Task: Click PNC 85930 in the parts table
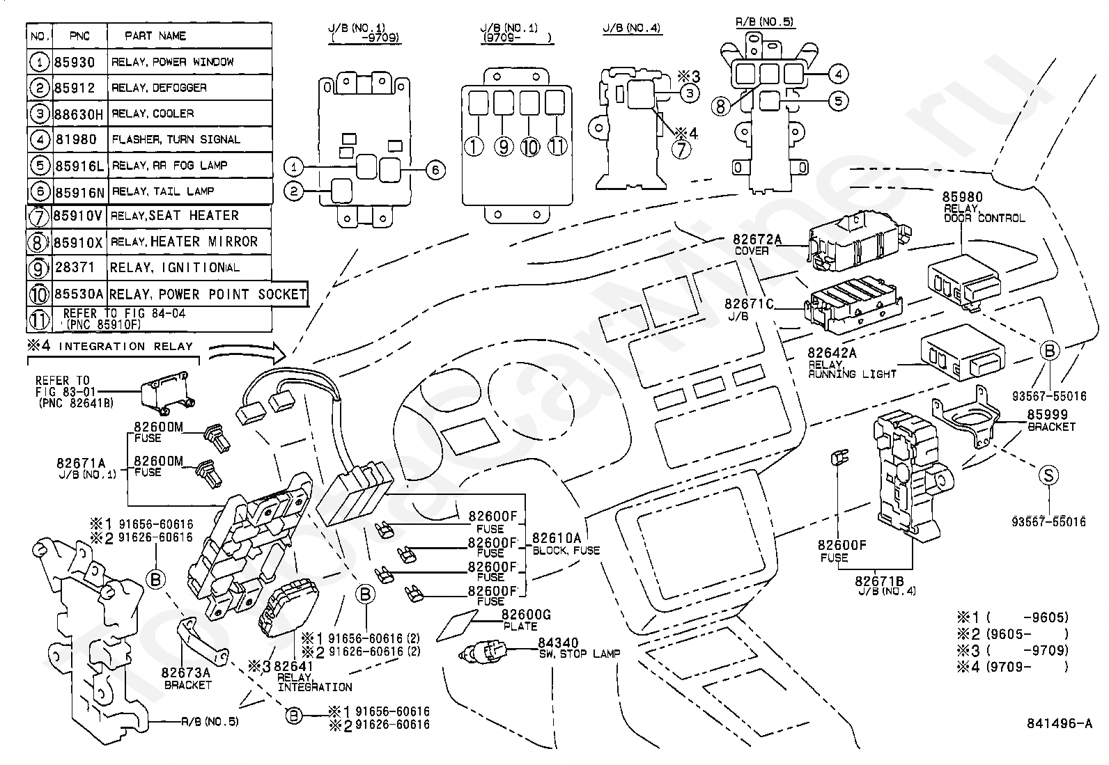pos(75,63)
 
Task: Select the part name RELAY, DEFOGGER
pos(159,88)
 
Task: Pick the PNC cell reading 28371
pos(75,268)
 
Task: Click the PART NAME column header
pos(155,36)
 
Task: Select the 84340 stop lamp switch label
pos(580,648)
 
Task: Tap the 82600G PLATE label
pos(526,620)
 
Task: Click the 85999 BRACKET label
pos(1050,420)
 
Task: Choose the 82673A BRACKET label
pos(186,679)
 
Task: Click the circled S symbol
pos(1048,475)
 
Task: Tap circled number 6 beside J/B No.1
pos(435,171)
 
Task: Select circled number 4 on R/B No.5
pos(838,74)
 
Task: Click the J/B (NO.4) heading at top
pos(632,28)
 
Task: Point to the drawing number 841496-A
pos(1059,723)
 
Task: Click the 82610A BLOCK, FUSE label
pos(566,544)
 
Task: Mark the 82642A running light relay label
pos(851,363)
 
